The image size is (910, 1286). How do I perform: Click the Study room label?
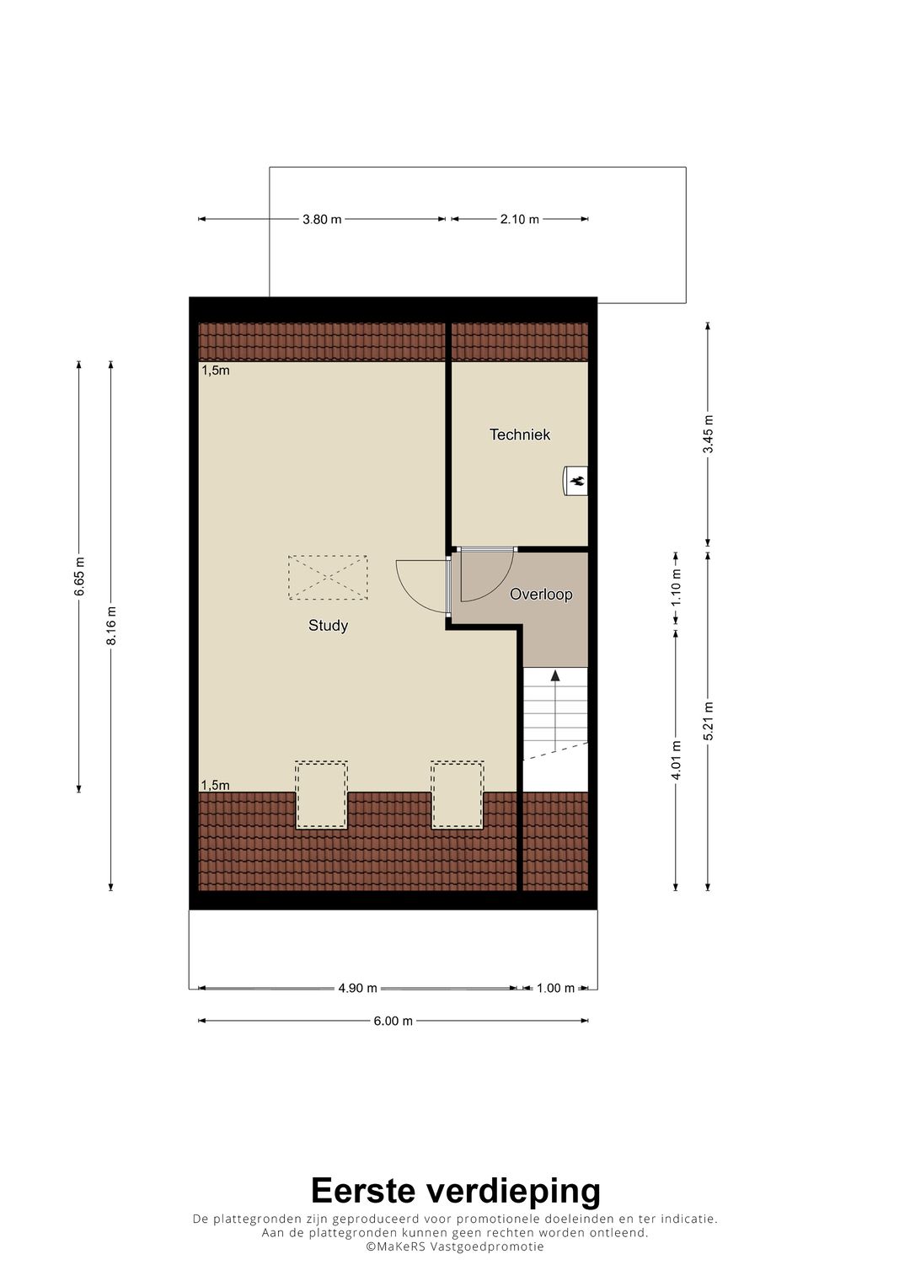click(x=328, y=626)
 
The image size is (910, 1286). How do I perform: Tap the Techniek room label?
click(x=520, y=435)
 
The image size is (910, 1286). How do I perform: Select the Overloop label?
click(x=541, y=595)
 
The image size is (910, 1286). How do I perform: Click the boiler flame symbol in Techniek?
click(x=577, y=481)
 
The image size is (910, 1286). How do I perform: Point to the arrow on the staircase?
click(x=554, y=675)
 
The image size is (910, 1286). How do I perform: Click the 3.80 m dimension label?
click(x=322, y=219)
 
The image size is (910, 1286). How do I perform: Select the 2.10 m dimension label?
click(x=519, y=219)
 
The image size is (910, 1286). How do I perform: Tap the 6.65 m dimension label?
click(x=79, y=577)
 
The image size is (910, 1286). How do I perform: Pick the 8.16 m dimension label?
click(x=111, y=626)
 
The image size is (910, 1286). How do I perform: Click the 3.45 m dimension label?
click(x=709, y=435)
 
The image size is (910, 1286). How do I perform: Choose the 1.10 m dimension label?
click(x=676, y=587)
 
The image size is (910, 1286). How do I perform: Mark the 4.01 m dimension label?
click(x=676, y=760)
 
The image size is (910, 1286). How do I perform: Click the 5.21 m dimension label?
click(x=709, y=721)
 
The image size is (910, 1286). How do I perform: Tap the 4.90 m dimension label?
click(x=357, y=988)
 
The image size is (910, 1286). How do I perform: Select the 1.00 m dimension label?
click(x=555, y=988)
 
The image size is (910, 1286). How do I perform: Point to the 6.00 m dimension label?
click(x=393, y=1021)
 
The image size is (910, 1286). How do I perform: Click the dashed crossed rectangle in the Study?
click(x=328, y=577)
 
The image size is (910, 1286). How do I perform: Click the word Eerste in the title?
click(x=363, y=1192)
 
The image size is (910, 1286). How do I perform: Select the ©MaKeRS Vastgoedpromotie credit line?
click(x=455, y=1246)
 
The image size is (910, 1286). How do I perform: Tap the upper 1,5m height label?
click(x=215, y=370)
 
